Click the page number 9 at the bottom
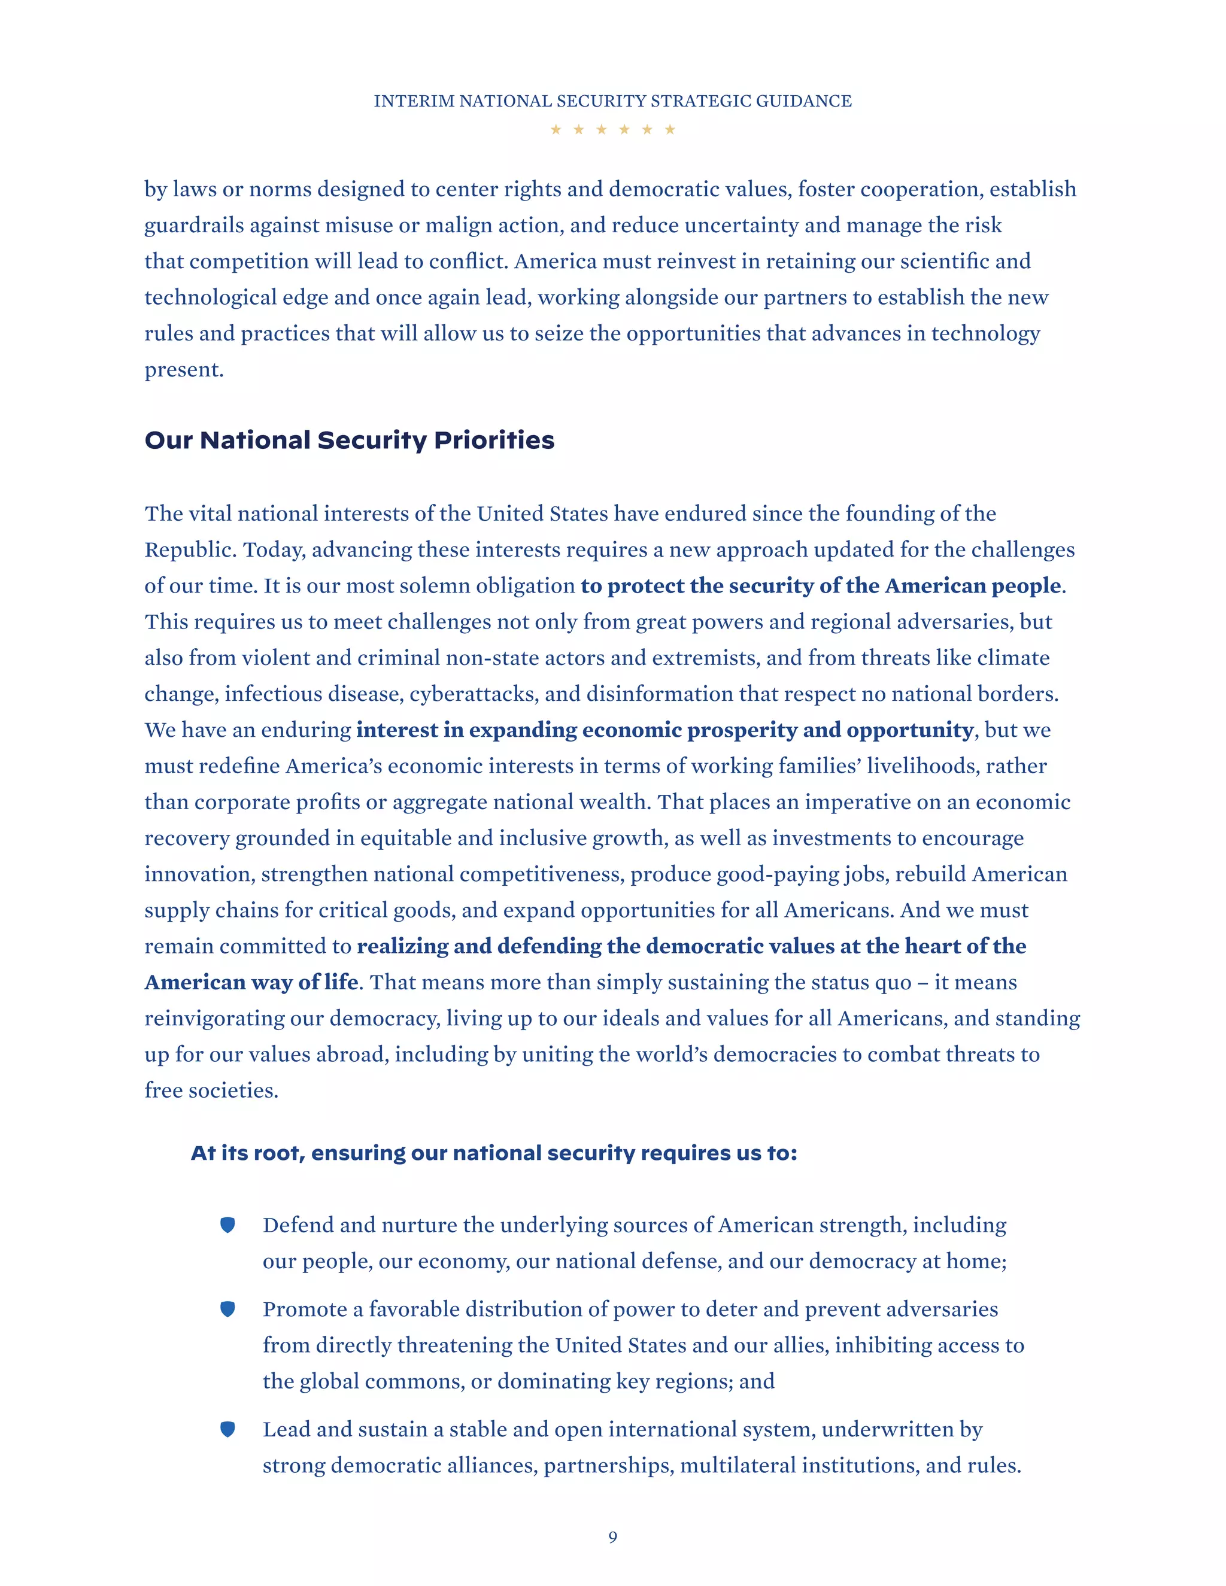click(x=612, y=1536)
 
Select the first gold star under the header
click(x=556, y=129)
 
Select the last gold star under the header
click(x=670, y=129)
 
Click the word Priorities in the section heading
click(x=494, y=440)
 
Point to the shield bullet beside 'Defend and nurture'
click(x=227, y=1226)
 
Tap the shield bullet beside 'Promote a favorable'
click(x=227, y=1309)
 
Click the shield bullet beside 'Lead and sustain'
click(x=227, y=1430)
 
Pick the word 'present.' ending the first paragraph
click(x=184, y=370)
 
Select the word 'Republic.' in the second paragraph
click(x=190, y=550)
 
